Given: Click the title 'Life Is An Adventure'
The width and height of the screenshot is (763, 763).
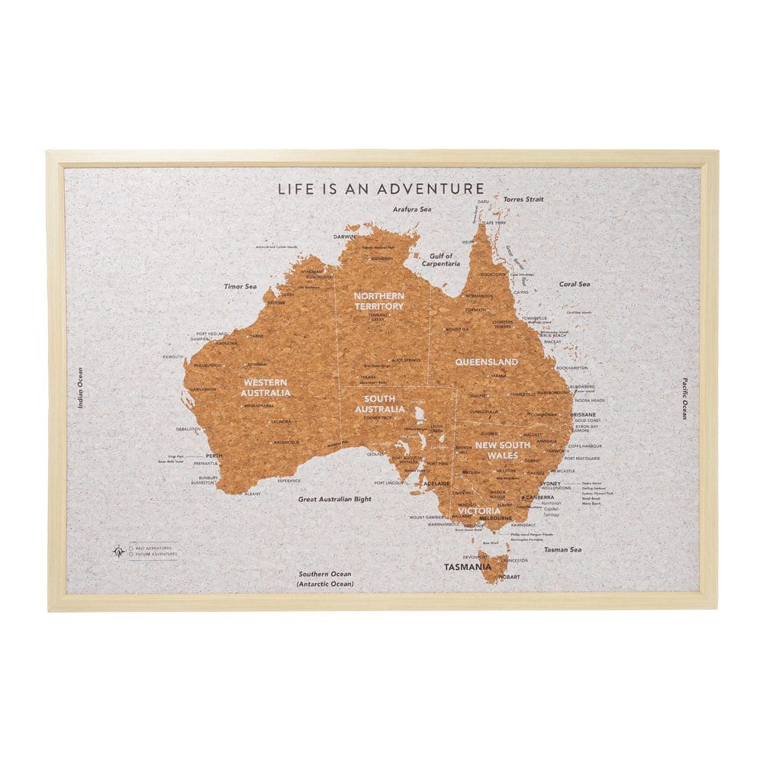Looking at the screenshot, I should pyautogui.click(x=380, y=188).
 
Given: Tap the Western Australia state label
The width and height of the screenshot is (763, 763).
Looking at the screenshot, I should pyautogui.click(x=266, y=387).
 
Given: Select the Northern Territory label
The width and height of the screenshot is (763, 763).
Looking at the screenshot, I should pyautogui.click(x=378, y=301).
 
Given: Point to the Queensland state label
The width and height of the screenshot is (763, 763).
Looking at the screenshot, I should pyautogui.click(x=487, y=362).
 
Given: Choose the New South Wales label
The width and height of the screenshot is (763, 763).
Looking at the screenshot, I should pyautogui.click(x=497, y=449).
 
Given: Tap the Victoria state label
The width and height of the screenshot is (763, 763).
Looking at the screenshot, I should pyautogui.click(x=479, y=510).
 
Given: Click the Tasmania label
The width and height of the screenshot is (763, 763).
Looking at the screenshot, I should pyautogui.click(x=468, y=567).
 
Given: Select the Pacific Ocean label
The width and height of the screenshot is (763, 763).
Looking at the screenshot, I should pyautogui.click(x=684, y=398).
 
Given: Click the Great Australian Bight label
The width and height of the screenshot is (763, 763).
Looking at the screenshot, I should pyautogui.click(x=335, y=498).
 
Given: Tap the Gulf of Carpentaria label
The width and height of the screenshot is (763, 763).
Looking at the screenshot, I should pyautogui.click(x=442, y=259).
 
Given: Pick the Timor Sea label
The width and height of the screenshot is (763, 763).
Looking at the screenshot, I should pyautogui.click(x=240, y=286).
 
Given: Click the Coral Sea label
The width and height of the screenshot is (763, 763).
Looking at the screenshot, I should pyautogui.click(x=575, y=284).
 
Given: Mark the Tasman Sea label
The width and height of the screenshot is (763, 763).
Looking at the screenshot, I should pyautogui.click(x=563, y=549).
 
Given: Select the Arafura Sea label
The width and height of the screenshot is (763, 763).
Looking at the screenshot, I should pyautogui.click(x=412, y=208).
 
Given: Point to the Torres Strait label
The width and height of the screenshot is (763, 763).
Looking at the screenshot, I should pyautogui.click(x=523, y=198).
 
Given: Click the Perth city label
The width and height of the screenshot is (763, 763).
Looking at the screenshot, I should pyautogui.click(x=214, y=456).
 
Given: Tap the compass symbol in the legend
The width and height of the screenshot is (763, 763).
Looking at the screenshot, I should pyautogui.click(x=118, y=550).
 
